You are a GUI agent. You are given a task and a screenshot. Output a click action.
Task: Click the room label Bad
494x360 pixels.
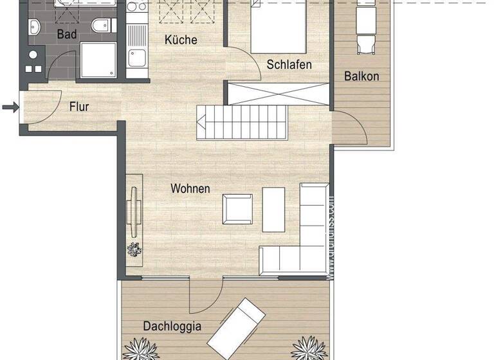tap(66, 34)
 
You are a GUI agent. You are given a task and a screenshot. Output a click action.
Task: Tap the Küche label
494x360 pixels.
tap(181, 40)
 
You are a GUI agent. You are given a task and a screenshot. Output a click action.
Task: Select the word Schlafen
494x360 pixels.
tap(289, 64)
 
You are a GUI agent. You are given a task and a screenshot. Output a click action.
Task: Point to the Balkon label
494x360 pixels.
tap(361, 76)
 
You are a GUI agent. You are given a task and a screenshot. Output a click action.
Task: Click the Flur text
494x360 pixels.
tap(79, 107)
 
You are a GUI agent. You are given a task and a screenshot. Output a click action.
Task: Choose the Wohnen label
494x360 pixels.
tap(190, 188)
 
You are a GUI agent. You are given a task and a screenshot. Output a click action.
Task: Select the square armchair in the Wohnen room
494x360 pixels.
tap(237, 209)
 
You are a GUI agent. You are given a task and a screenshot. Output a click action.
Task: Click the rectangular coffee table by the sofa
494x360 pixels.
tap(273, 209)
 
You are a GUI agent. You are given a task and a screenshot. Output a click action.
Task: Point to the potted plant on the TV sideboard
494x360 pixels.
tap(134, 249)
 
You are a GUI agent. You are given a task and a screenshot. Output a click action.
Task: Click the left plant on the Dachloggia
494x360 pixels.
tap(141, 350)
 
